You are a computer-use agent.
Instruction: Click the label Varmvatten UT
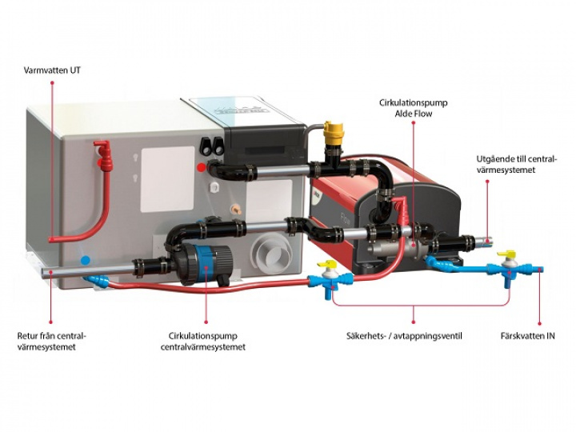pyautogui.click(x=52, y=70)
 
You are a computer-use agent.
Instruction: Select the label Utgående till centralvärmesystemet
pyautogui.click(x=515, y=165)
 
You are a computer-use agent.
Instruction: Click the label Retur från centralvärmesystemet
pyautogui.click(x=51, y=341)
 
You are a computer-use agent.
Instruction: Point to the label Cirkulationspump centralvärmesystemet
pyautogui.click(x=207, y=341)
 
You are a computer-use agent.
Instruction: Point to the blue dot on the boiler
pyautogui.click(x=86, y=260)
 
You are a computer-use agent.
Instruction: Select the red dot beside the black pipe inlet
pyautogui.click(x=201, y=168)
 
